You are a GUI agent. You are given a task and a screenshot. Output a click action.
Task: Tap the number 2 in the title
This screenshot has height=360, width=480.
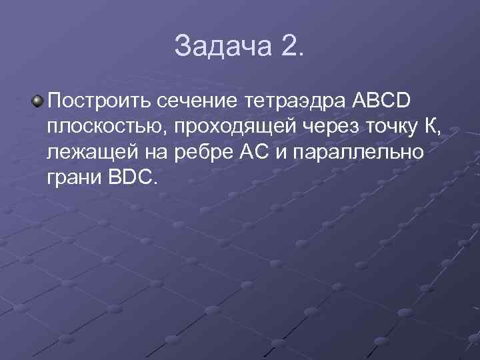pos(291,46)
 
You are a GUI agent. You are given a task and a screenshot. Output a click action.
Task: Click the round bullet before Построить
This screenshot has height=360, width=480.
pos(37,101)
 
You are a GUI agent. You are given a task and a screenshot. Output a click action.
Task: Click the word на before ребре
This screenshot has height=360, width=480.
pos(161,152)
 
